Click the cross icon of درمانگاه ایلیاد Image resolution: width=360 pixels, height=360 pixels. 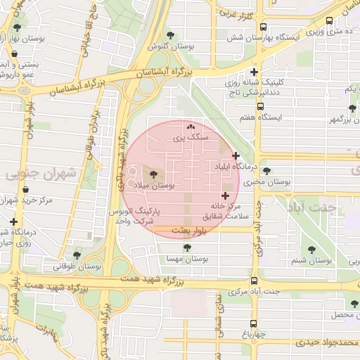pyautogui.click(x=236, y=155)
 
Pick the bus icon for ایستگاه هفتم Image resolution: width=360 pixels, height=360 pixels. pyautogui.click(x=261, y=107)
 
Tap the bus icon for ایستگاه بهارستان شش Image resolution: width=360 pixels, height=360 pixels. pyautogui.click(x=263, y=29)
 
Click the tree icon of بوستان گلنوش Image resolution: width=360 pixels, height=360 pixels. pyautogui.click(x=169, y=35)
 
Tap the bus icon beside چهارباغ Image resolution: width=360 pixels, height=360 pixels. pyautogui.click(x=254, y=323)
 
